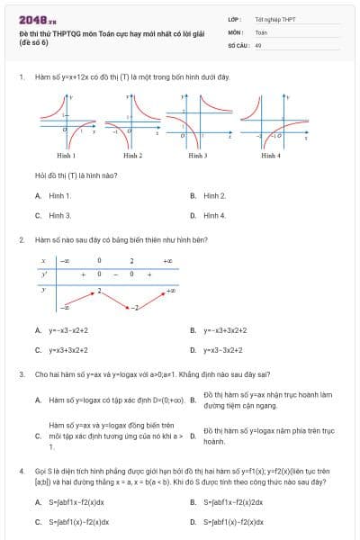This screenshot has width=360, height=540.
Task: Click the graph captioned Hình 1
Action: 67,121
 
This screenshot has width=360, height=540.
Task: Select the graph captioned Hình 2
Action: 133,121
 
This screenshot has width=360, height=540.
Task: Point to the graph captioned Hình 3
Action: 198,121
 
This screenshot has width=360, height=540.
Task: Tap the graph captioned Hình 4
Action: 271,121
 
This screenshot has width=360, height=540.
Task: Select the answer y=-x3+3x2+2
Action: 226,330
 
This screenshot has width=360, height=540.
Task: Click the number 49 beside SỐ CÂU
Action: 258,44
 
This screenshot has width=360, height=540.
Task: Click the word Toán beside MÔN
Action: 261,31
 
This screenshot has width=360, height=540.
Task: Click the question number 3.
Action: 21,373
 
